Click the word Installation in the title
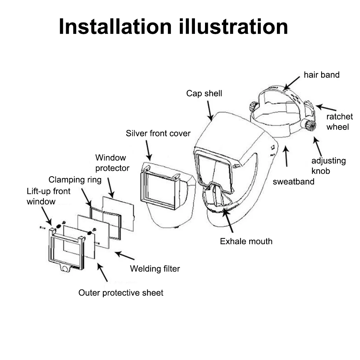pos(115,27)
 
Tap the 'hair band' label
pos(322,75)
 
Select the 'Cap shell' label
pos(204,94)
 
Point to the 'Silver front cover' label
pos(158,133)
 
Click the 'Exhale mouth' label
pos(246,241)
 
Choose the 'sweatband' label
pos(293,181)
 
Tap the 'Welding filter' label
pos(155,268)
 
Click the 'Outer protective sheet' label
pos(121,293)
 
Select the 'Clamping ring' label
pos(75,179)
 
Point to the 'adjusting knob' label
pos(328,165)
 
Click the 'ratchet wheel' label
pos(340,122)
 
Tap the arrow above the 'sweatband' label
pos(286,156)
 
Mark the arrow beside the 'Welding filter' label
pos(124,256)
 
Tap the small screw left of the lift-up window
pos(42,227)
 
